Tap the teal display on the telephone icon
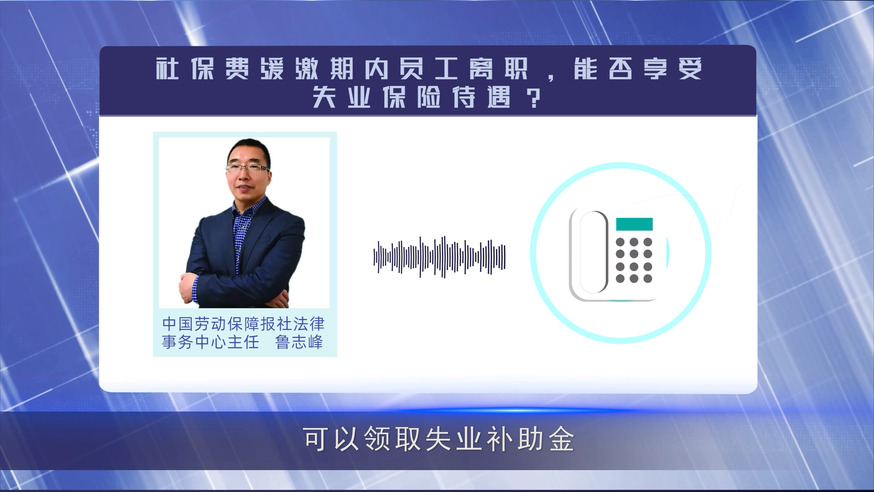point(634,224)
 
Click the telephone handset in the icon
point(593,252)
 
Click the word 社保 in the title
point(185,69)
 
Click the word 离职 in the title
point(499,69)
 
